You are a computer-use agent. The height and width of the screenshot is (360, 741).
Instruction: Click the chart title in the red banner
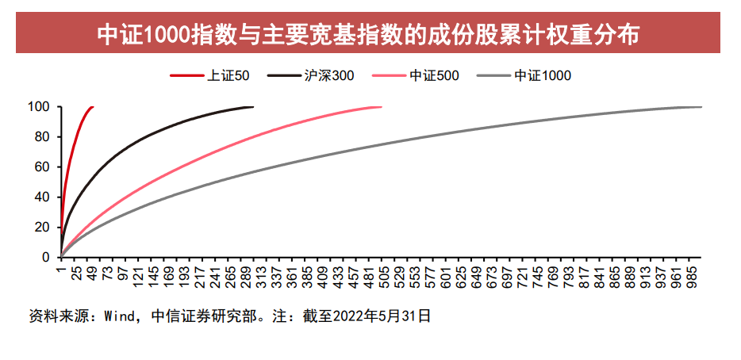(369, 33)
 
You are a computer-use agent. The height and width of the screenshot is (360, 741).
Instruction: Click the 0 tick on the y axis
(46, 258)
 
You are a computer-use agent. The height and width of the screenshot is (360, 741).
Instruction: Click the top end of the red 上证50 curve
(92, 107)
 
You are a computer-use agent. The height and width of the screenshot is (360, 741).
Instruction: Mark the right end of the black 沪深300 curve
(253, 107)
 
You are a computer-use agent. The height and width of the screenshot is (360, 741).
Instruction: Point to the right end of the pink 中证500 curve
(381, 107)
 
